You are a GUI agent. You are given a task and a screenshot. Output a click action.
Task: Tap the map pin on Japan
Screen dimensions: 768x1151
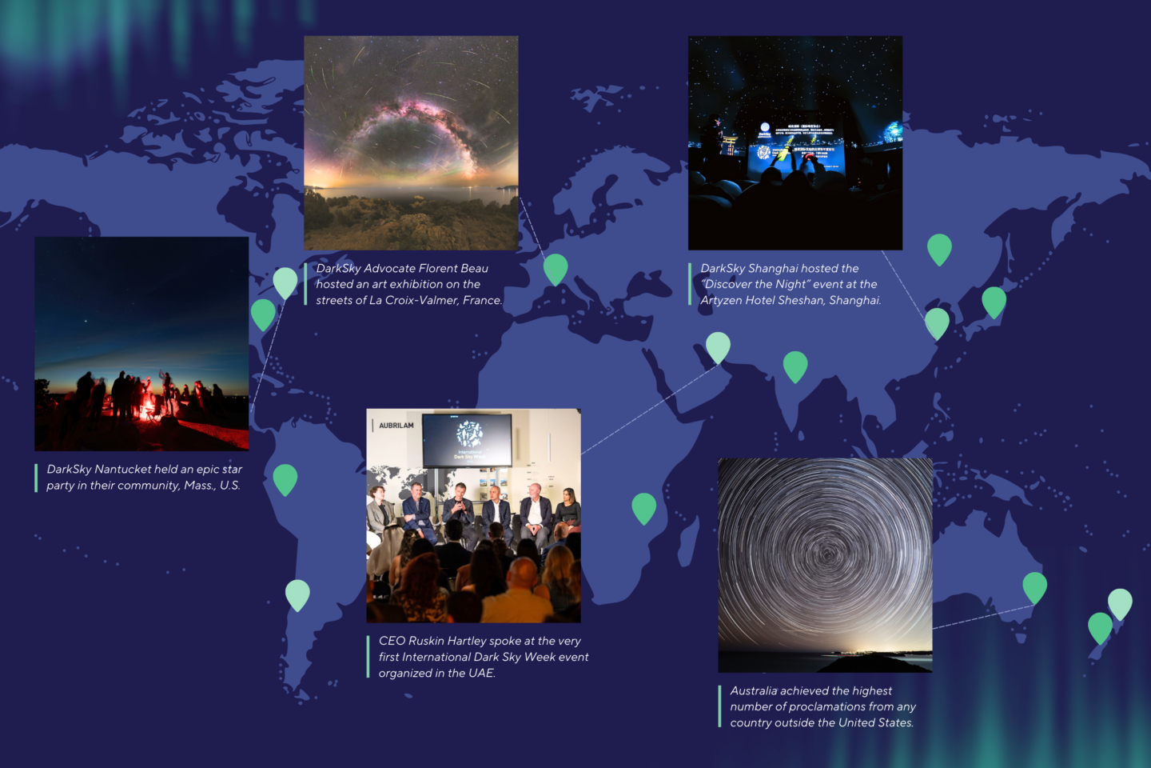(994, 301)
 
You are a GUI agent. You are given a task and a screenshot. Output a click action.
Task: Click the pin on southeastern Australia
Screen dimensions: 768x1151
(1035, 586)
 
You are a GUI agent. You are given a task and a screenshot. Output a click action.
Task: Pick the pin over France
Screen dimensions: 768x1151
(556, 268)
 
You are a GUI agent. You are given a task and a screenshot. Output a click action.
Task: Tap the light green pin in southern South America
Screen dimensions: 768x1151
(297, 594)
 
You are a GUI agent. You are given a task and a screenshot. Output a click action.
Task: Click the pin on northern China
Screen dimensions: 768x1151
(939, 248)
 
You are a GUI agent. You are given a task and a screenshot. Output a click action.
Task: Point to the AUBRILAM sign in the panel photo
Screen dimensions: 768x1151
(396, 426)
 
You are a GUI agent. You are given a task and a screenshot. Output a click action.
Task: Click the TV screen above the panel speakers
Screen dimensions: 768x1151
(468, 438)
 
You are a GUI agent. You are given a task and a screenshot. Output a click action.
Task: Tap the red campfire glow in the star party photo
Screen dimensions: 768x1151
(146, 410)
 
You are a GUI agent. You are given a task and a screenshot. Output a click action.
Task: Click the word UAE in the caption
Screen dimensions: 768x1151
(481, 674)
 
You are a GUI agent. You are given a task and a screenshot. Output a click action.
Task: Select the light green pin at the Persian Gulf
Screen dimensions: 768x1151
(718, 346)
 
